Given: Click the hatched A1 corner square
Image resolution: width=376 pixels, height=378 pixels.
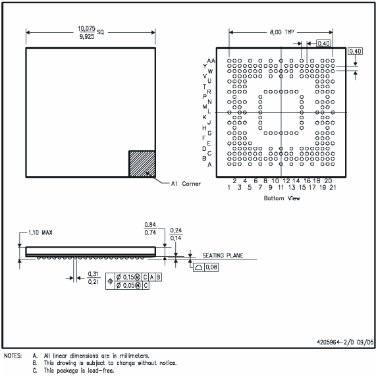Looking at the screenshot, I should (x=142, y=163).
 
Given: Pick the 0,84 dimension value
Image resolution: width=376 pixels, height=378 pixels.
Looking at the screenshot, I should (x=150, y=225).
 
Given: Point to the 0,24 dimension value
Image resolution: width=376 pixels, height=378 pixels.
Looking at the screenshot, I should (x=175, y=230).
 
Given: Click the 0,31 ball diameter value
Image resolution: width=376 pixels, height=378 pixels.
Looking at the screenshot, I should (x=94, y=274).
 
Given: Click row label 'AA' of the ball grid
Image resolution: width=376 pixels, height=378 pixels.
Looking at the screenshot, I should (x=211, y=59).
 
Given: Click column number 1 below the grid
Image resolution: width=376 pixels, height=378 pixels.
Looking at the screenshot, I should (x=229, y=187).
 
